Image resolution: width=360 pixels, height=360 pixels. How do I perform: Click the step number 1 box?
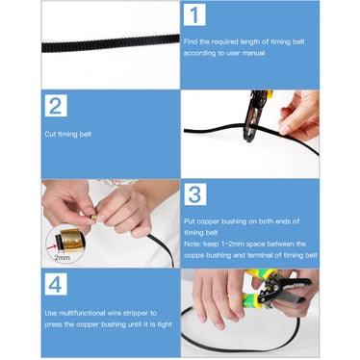click(x=194, y=14)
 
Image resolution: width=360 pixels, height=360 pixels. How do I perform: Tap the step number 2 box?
click(x=56, y=106)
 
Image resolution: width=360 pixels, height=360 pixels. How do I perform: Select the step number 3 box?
click(x=195, y=194)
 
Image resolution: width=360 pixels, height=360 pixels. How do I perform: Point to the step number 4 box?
click(x=56, y=284)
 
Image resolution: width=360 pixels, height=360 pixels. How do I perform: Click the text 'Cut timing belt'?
click(x=68, y=134)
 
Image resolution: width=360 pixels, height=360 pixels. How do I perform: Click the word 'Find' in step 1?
click(x=191, y=41)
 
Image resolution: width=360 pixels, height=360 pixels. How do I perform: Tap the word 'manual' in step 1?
click(x=253, y=53)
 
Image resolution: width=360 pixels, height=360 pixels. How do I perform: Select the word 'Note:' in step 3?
click(x=193, y=244)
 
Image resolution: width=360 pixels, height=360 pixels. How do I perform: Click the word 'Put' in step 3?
click(x=190, y=221)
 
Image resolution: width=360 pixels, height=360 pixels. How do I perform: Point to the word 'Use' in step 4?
click(x=51, y=313)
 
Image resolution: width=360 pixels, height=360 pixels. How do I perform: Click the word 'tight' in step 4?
click(x=165, y=324)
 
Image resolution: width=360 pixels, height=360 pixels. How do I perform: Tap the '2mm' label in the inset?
click(x=62, y=257)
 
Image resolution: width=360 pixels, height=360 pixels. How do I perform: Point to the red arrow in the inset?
click(x=51, y=247)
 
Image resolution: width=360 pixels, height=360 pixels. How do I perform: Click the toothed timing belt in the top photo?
click(x=111, y=43)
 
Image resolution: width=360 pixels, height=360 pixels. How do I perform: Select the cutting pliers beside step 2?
click(x=255, y=116)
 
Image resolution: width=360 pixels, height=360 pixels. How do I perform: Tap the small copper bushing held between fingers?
click(x=93, y=218)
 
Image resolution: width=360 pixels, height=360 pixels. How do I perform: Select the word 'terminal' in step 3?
click(x=260, y=255)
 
